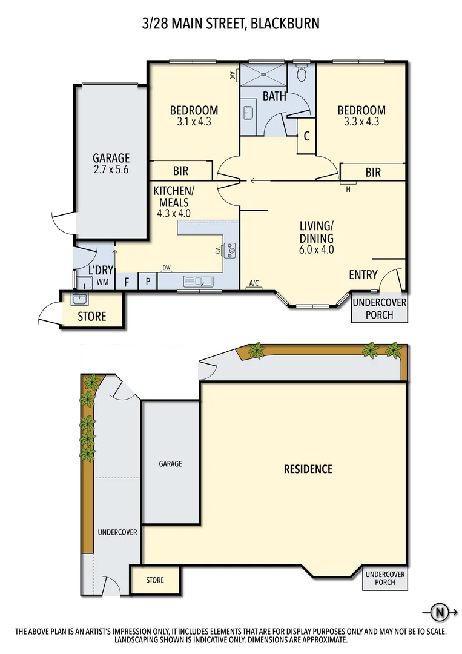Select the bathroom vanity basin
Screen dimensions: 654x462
click(x=249, y=112)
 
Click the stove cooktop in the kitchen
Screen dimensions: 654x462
click(x=230, y=249)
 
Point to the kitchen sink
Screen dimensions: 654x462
click(x=205, y=281)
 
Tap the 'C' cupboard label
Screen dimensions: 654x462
click(x=306, y=136)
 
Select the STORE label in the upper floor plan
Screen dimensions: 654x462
click(x=92, y=316)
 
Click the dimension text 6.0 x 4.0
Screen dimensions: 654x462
click(x=317, y=249)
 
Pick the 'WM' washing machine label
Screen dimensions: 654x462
click(x=102, y=282)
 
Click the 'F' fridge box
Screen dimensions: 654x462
click(x=127, y=282)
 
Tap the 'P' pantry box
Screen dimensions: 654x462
click(x=147, y=282)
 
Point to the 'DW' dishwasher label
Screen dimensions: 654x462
click(x=166, y=268)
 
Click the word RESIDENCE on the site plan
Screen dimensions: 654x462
click(x=308, y=469)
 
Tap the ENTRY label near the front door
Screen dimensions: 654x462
click(x=363, y=275)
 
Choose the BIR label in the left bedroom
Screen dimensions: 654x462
click(x=180, y=171)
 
